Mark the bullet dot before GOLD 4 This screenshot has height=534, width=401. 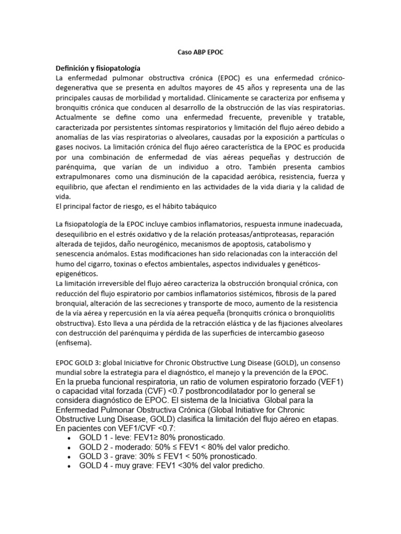click(69, 466)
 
